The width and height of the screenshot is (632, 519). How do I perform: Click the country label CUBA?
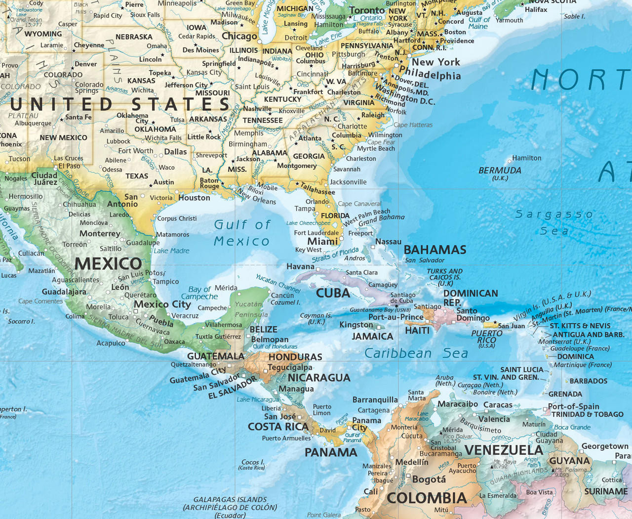(x=333, y=293)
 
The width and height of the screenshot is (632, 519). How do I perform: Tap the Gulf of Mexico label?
(x=242, y=233)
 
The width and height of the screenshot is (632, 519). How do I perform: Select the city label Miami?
(x=322, y=241)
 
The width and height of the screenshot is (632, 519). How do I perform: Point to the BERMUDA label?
(x=500, y=171)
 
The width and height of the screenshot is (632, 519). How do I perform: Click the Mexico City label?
(x=162, y=304)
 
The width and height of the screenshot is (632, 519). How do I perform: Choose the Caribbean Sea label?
(x=416, y=353)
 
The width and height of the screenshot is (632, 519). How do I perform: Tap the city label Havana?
(x=300, y=266)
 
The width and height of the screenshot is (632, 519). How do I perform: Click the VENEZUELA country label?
(x=504, y=450)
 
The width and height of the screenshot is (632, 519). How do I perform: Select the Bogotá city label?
(x=429, y=479)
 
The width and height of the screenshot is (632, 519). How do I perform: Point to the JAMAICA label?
(x=372, y=336)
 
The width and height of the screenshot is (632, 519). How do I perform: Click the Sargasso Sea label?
(x=554, y=222)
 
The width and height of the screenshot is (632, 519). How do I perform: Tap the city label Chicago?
(x=239, y=36)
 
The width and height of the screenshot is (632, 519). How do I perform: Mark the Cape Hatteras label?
(x=413, y=125)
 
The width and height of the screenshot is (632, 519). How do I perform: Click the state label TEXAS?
(x=137, y=176)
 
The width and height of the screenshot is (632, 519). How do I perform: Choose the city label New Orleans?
(x=256, y=197)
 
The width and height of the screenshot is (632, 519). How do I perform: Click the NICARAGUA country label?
(x=319, y=378)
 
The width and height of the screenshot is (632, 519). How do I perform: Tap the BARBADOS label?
(x=588, y=381)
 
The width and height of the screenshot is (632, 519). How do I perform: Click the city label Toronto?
(x=367, y=10)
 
